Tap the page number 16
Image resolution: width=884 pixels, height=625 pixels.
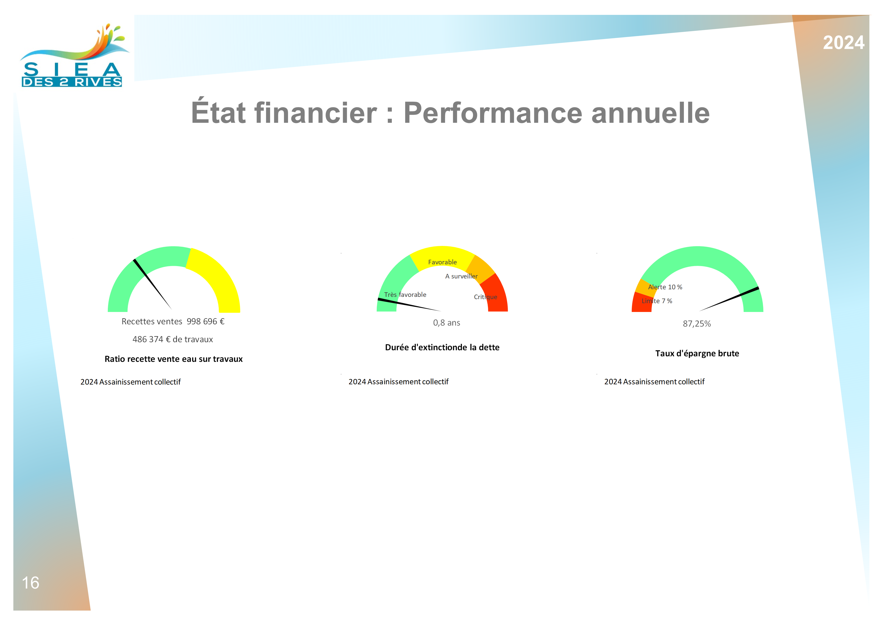pos(30,583)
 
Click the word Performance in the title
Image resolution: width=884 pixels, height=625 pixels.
pos(493,113)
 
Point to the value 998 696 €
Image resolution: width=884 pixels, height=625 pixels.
pos(206,322)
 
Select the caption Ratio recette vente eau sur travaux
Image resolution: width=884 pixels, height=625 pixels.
pos(174,359)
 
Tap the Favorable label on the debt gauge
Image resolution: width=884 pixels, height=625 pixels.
pos(443,262)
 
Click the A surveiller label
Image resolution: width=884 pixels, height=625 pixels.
pos(461,276)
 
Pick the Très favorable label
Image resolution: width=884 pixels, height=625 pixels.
pos(405,295)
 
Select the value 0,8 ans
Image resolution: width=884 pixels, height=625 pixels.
pos(447,323)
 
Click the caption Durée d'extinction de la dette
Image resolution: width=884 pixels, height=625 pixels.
pos(443,347)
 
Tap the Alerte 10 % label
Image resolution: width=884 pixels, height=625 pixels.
pos(665,287)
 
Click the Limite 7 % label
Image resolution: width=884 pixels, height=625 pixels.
pos(657,301)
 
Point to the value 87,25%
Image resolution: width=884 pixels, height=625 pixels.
pos(697,324)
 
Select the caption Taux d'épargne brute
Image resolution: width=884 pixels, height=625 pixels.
pos(697,354)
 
